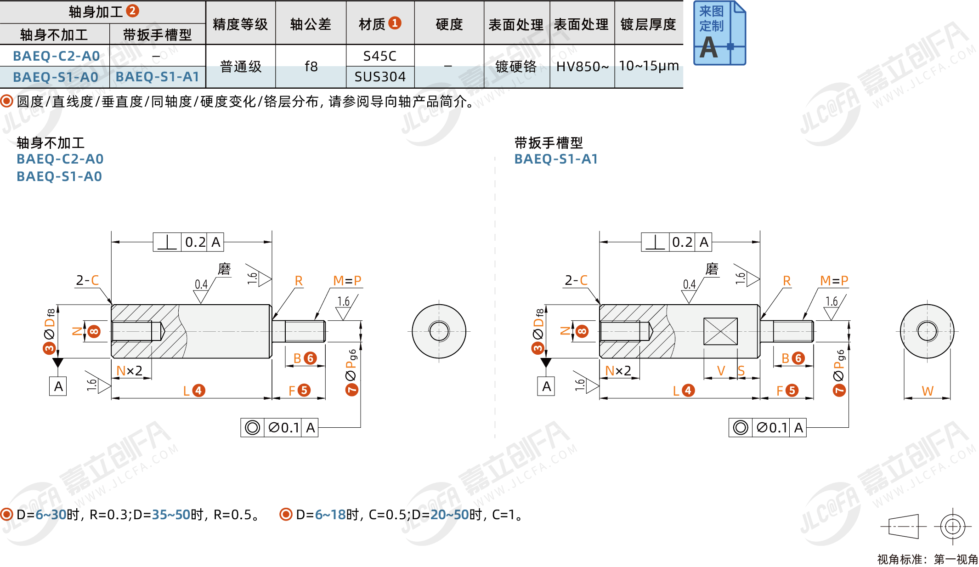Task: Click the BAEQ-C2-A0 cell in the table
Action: [56, 56]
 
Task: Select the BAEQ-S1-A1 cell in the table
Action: [157, 77]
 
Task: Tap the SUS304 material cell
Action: [380, 77]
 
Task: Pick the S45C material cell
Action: [379, 56]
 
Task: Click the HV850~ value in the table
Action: [582, 67]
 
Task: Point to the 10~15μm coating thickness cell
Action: [649, 66]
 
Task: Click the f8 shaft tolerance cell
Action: [311, 67]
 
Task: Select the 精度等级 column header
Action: [240, 24]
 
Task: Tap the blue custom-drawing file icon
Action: [719, 33]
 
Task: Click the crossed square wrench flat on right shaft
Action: [720, 331]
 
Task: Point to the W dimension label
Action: [927, 391]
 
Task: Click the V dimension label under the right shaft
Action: [721, 371]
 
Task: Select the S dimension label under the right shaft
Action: [741, 371]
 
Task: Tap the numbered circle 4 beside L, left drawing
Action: [198, 391]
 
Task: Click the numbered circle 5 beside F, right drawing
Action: [792, 391]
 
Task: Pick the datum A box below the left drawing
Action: [58, 386]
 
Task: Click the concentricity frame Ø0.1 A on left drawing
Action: [279, 428]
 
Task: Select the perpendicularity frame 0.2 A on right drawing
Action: [676, 242]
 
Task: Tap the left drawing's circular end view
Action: [439, 331]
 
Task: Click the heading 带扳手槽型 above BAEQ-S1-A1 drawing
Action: [549, 143]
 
